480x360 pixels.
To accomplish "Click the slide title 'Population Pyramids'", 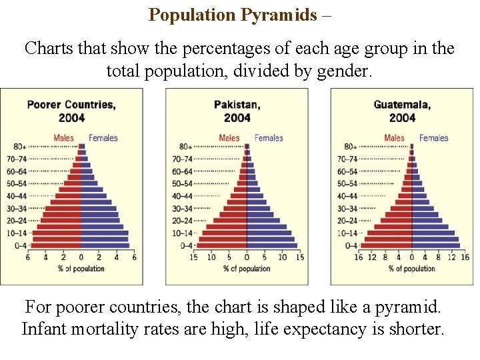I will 233,15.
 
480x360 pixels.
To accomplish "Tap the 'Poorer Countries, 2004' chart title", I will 71,111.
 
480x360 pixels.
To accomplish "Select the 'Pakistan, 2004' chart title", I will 237,111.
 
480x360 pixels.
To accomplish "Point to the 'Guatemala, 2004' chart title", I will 402,111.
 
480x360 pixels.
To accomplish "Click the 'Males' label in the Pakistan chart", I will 229,138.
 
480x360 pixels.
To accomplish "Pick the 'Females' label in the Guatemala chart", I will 434,138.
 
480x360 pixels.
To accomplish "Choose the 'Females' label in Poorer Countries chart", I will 103,138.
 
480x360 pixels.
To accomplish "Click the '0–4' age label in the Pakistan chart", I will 186,245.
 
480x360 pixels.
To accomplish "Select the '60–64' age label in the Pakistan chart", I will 183,171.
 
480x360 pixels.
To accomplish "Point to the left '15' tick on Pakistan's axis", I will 194,257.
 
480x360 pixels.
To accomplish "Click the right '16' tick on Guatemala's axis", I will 465,257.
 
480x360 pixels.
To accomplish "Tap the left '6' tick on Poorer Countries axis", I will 28,257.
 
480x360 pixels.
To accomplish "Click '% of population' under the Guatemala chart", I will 411,269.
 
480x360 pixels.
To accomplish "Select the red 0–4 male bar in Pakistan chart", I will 221,245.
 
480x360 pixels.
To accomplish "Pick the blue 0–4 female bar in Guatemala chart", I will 435,245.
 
